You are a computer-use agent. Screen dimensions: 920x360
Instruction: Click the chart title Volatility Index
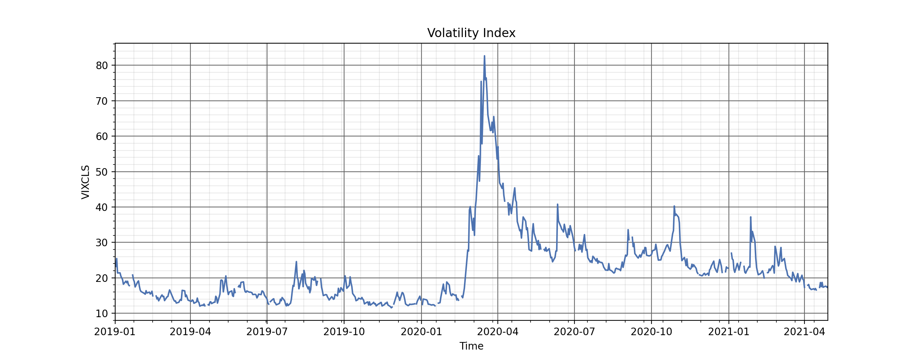tap(471, 33)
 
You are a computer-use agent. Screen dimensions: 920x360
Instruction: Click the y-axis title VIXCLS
tap(86, 182)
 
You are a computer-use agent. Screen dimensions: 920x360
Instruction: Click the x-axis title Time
tap(471, 346)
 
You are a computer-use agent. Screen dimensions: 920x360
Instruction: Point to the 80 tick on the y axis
tap(102, 66)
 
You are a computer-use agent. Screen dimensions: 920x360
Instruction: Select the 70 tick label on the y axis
tap(102, 101)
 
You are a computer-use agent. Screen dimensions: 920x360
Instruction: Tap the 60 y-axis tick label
tap(102, 136)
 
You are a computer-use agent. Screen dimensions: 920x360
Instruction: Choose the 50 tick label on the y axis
tap(102, 172)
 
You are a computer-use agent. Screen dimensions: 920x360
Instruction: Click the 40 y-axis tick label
tap(102, 207)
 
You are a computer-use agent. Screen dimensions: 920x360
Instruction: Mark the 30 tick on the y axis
tap(102, 243)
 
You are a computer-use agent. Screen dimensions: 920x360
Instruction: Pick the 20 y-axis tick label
tap(102, 278)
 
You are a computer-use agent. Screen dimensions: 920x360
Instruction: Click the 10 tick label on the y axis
tap(102, 314)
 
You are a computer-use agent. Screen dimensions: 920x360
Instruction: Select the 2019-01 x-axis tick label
tap(115, 332)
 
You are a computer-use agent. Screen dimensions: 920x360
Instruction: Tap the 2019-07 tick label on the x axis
tap(267, 332)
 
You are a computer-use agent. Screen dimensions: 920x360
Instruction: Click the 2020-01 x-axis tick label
tap(421, 332)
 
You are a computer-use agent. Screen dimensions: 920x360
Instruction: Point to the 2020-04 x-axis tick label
tap(498, 332)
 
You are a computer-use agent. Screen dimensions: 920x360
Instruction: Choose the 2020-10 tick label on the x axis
tap(651, 332)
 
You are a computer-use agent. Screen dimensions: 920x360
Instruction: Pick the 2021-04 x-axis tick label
tap(804, 332)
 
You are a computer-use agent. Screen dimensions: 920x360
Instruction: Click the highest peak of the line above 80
tap(484, 56)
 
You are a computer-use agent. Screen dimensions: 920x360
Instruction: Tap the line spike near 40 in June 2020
tap(558, 204)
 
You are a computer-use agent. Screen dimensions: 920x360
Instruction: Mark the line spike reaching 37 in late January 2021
tap(750, 217)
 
